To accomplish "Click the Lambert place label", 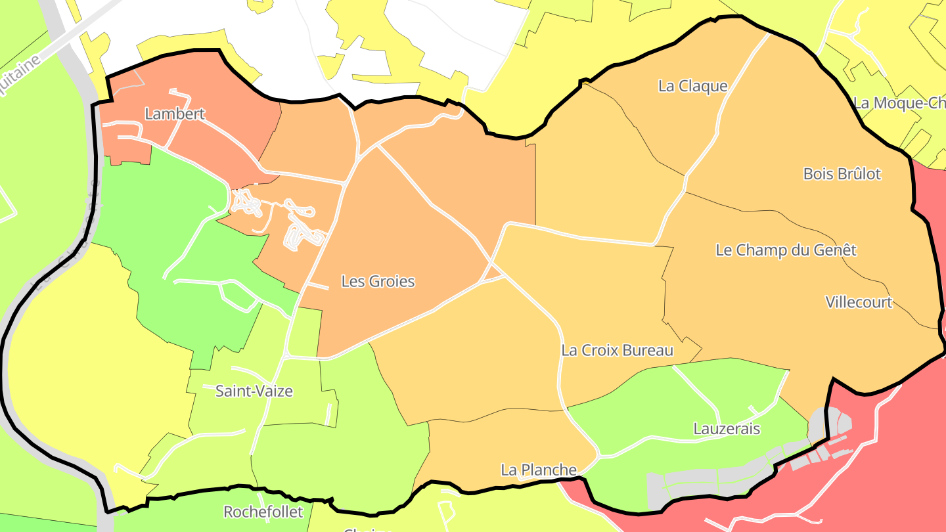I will point(175,114).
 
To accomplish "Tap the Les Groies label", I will point(378,282).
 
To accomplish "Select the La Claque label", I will point(692,86).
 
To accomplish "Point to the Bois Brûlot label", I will point(842,174).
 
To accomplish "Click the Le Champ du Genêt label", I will point(786,250).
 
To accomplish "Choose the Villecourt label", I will point(859,302).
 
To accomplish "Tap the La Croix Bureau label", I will point(617,351).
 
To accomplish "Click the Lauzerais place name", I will point(727,430).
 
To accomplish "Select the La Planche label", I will point(539,470).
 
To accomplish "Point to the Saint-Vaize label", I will point(254,391).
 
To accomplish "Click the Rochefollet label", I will point(263,512).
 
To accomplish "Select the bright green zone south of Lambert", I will point(164,217).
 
